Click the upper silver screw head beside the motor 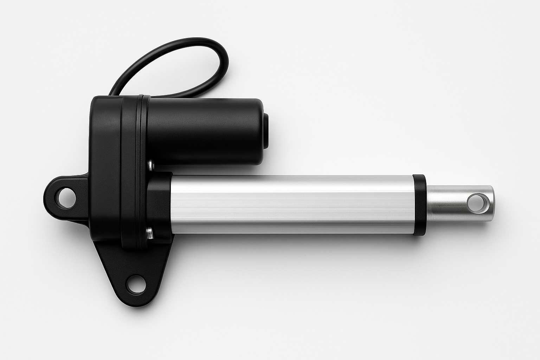pyautogui.click(x=150, y=163)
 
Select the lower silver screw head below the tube pyautogui.click(x=150, y=232)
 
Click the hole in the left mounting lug pyautogui.click(x=66, y=197)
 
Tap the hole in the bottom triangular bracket pyautogui.click(x=136, y=284)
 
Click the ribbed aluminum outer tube pyautogui.click(x=292, y=204)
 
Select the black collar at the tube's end pyautogui.click(x=419, y=205)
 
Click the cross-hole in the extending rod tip pyautogui.click(x=476, y=203)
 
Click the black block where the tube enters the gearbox pyautogui.click(x=159, y=206)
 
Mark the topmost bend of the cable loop pyautogui.click(x=197, y=39)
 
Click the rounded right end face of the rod pyautogui.click(x=492, y=204)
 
